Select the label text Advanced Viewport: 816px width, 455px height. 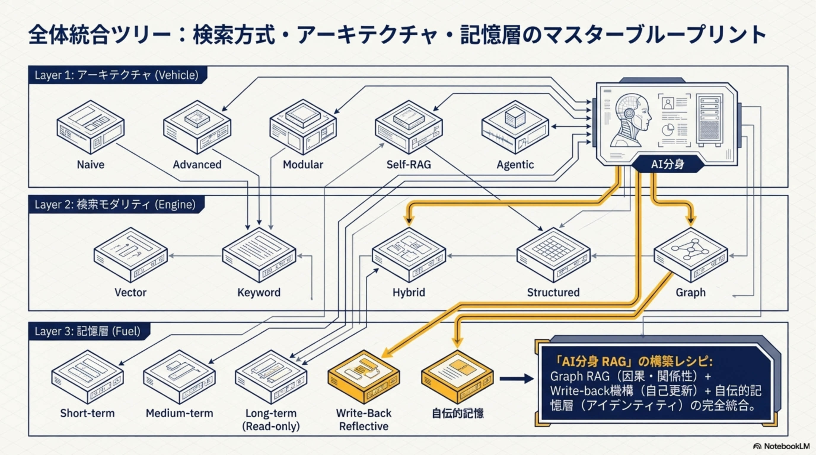(197, 164)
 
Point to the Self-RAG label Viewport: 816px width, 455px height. (409, 164)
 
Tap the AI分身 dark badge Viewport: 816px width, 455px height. (668, 164)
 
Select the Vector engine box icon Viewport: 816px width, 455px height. (130, 255)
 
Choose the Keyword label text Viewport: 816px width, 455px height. (259, 292)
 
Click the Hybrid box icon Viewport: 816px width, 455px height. (409, 255)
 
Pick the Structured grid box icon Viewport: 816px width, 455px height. (553, 255)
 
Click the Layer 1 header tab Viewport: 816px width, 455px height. (117, 75)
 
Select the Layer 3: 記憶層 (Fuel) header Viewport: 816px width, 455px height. (88, 331)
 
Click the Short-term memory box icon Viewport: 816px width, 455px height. (87, 377)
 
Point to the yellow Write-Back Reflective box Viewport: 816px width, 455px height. (364, 377)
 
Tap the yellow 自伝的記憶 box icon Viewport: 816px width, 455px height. (458, 377)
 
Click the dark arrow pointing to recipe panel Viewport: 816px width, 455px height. (516, 379)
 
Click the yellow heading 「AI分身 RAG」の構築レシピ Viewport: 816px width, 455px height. (634, 361)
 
